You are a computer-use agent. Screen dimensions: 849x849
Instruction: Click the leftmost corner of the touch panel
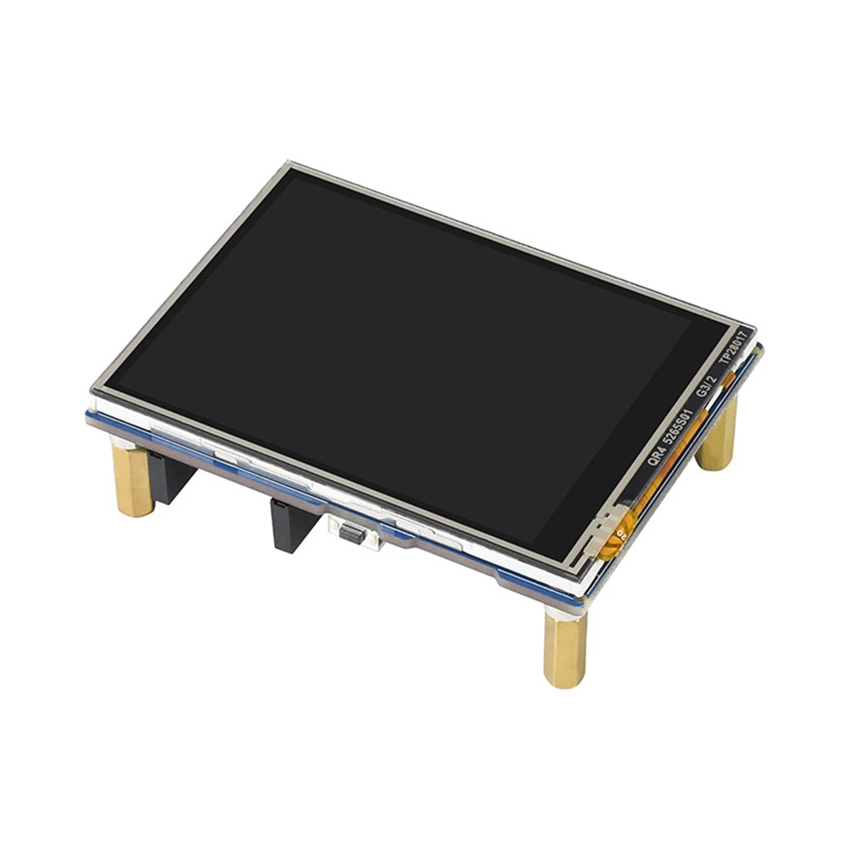[92, 389]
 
